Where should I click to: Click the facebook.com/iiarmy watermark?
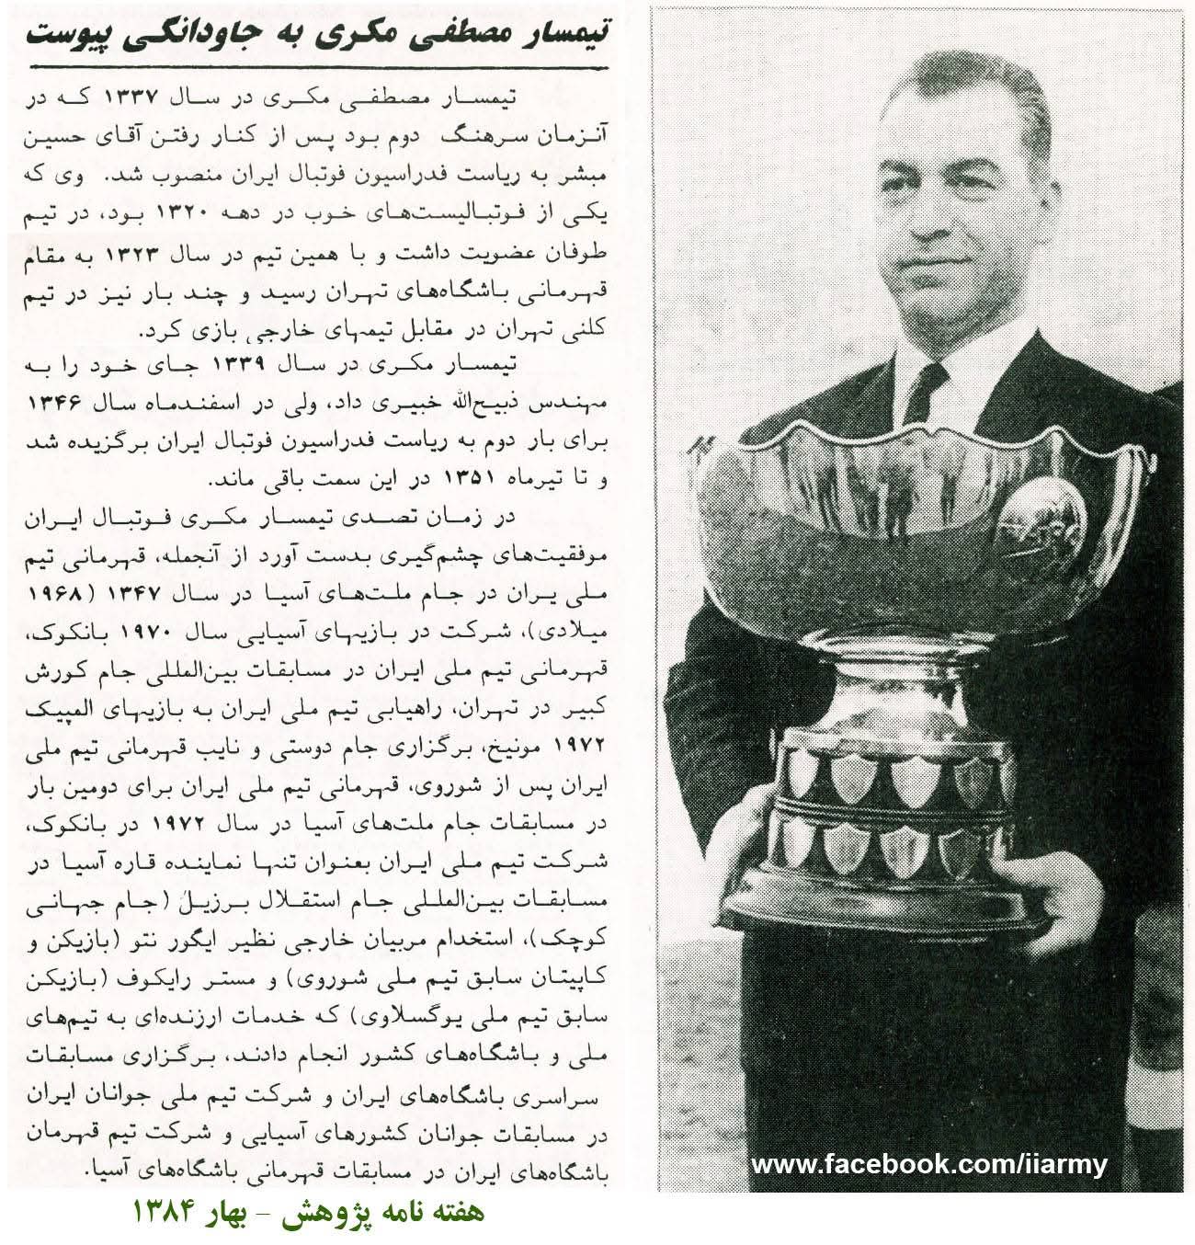(928, 1165)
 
